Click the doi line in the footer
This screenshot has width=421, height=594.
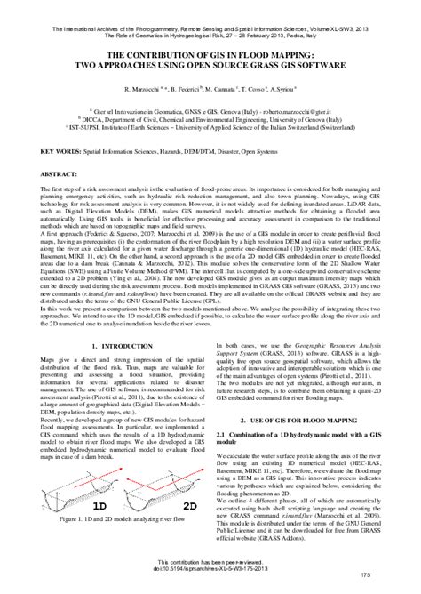(x=210, y=569)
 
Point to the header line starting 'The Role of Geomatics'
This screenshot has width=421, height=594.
(x=210, y=13)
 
